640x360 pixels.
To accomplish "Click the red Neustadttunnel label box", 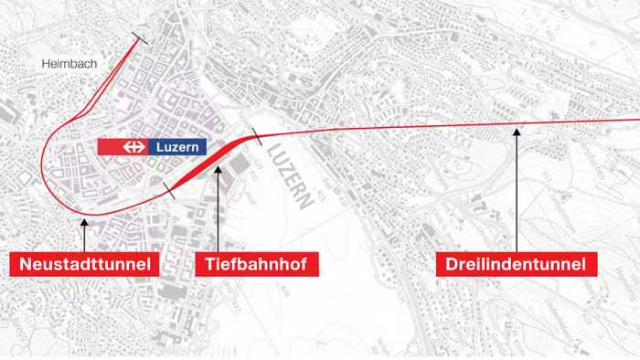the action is [83, 265].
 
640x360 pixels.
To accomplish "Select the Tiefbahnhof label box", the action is [256, 265].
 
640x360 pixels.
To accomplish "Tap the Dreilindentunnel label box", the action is [517, 265].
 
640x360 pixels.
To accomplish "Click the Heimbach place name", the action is [69, 64].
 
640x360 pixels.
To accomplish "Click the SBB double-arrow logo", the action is [135, 147].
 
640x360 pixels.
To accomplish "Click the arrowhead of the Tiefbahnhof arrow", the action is [219, 167].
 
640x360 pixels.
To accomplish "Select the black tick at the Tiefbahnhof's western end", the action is [169, 190].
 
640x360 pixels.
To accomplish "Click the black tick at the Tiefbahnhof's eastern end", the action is [258, 139].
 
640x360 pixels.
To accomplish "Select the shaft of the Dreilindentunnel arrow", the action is [517, 192].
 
